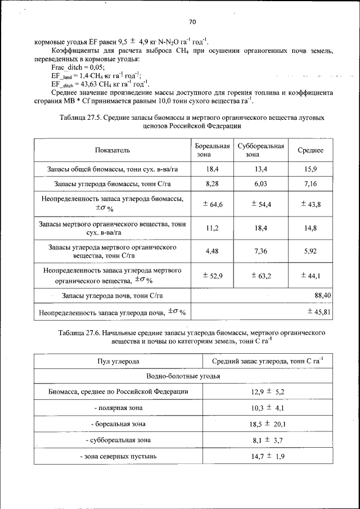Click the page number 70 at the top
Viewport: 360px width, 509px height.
(192, 22)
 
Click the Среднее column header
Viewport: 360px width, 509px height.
(310, 150)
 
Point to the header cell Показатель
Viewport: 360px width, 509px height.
(112, 150)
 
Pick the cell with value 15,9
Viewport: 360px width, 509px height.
(310, 169)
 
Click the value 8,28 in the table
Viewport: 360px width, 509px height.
(212, 184)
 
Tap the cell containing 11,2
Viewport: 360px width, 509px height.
(212, 228)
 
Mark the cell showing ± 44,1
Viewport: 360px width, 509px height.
(310, 275)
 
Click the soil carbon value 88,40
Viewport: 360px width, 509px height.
(322, 295)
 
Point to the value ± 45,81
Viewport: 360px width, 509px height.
(318, 311)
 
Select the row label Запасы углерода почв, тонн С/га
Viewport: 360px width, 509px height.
(112, 295)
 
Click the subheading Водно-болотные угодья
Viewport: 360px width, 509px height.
(183, 376)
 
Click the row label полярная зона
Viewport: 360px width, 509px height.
(118, 407)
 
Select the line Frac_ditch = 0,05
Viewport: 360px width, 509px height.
(74, 66)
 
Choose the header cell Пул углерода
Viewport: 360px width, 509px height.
(118, 361)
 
